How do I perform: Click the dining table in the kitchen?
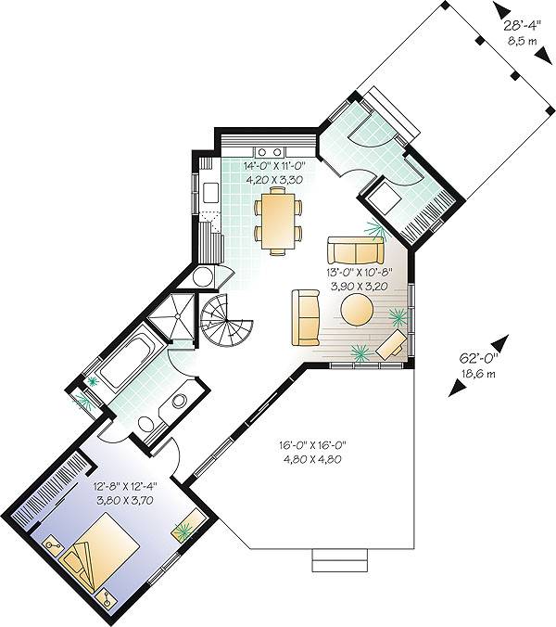(278, 221)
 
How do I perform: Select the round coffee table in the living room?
(358, 311)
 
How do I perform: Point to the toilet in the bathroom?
(146, 424)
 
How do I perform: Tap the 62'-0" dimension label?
(478, 358)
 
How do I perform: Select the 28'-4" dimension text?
(522, 26)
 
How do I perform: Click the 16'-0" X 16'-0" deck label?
(312, 444)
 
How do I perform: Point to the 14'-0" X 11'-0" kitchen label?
(275, 165)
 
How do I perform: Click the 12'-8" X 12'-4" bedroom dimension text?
(125, 487)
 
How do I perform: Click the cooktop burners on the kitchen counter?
(270, 151)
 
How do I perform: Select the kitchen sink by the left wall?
(211, 192)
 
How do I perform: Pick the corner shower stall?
(172, 317)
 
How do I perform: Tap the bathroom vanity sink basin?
(179, 401)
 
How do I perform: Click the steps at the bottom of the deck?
(339, 560)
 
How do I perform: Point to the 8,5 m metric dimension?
(523, 41)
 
